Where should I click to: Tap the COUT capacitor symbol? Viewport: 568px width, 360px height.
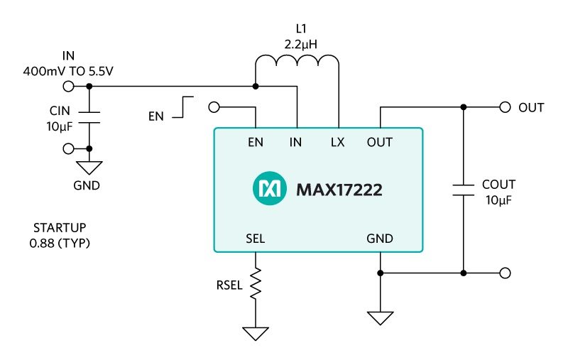pos(463,190)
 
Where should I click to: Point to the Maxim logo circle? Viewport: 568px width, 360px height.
pos(268,190)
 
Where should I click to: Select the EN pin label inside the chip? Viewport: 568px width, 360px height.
pos(256,142)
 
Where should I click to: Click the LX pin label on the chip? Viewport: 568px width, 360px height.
pos(338,142)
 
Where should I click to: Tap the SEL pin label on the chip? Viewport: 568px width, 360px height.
pos(256,239)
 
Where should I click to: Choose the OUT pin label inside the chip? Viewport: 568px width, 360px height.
pos(380,142)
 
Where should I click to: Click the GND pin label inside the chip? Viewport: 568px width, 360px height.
pos(380,239)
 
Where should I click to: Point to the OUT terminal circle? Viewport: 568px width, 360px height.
pos(505,107)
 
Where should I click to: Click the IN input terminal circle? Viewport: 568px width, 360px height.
pos(69,87)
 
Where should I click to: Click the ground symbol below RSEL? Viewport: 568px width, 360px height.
pos(255,332)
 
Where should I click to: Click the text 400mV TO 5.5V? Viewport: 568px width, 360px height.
pos(69,71)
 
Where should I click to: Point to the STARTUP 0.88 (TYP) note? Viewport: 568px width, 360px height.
pos(62,235)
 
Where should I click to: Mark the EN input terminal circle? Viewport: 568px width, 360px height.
pos(214,107)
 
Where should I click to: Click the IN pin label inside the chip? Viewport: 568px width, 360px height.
pos(296,142)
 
